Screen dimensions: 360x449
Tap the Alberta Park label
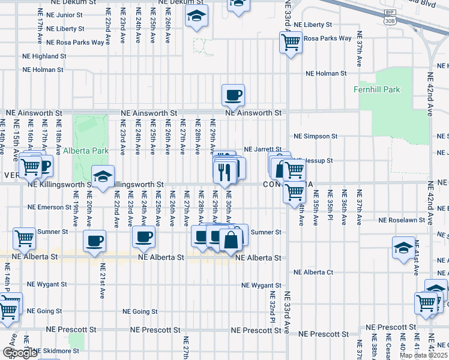[86, 151]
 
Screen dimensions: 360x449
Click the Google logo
[19, 353]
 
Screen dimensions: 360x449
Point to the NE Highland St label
[44, 56]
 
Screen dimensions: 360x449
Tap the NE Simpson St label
[316, 136]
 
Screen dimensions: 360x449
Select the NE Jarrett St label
[262, 149]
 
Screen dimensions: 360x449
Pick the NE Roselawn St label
[402, 220]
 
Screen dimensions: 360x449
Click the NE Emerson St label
[51, 208]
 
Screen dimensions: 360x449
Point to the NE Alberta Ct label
[313, 272]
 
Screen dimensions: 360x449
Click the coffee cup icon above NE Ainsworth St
[233, 94]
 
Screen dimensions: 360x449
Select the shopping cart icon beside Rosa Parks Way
[291, 43]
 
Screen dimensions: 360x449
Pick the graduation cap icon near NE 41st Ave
[403, 247]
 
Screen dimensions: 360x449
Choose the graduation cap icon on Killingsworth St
[103, 176]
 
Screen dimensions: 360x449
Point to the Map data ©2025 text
[423, 355]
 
